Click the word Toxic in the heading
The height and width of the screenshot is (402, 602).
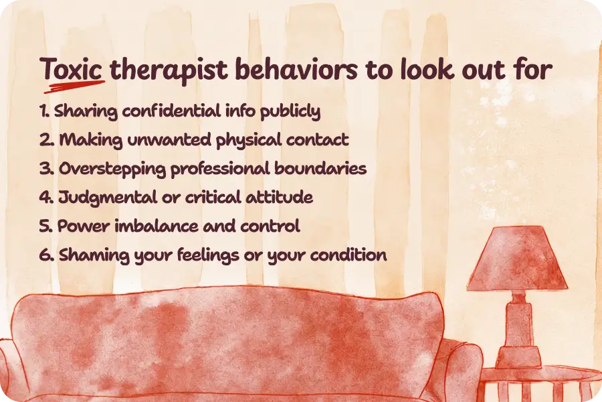tap(72, 70)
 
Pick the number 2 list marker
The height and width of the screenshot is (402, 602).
tap(46, 140)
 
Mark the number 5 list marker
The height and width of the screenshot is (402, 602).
tap(46, 226)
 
